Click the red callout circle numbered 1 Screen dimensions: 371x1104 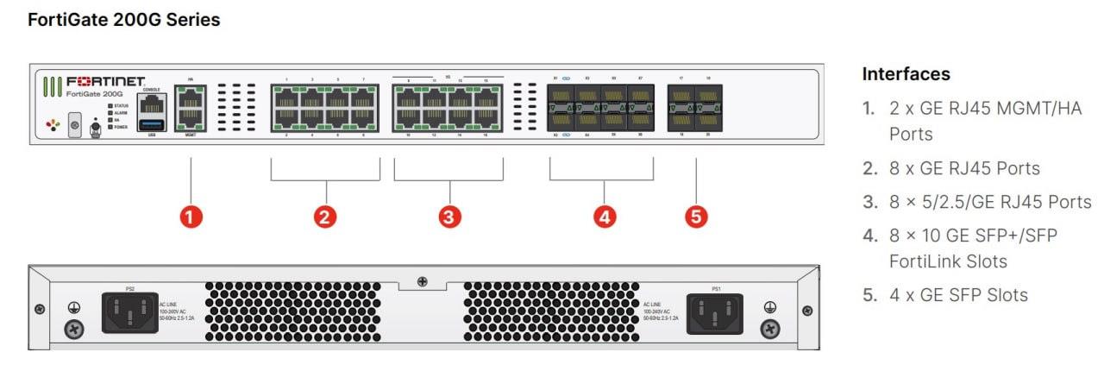(190, 217)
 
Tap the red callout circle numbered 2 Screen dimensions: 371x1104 (325, 217)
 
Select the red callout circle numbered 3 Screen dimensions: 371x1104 (448, 217)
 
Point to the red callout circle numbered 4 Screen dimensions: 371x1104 (605, 217)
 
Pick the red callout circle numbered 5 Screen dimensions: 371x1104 (695, 217)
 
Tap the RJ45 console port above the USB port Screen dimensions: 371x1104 (151, 104)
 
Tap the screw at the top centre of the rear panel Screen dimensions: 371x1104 (422, 281)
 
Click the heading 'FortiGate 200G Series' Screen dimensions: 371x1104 (123, 20)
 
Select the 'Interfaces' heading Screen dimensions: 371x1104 (906, 74)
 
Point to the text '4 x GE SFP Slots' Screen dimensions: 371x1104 (958, 295)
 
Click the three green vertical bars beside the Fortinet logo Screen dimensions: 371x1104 (53, 87)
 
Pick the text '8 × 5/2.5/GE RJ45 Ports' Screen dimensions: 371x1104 (990, 202)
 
